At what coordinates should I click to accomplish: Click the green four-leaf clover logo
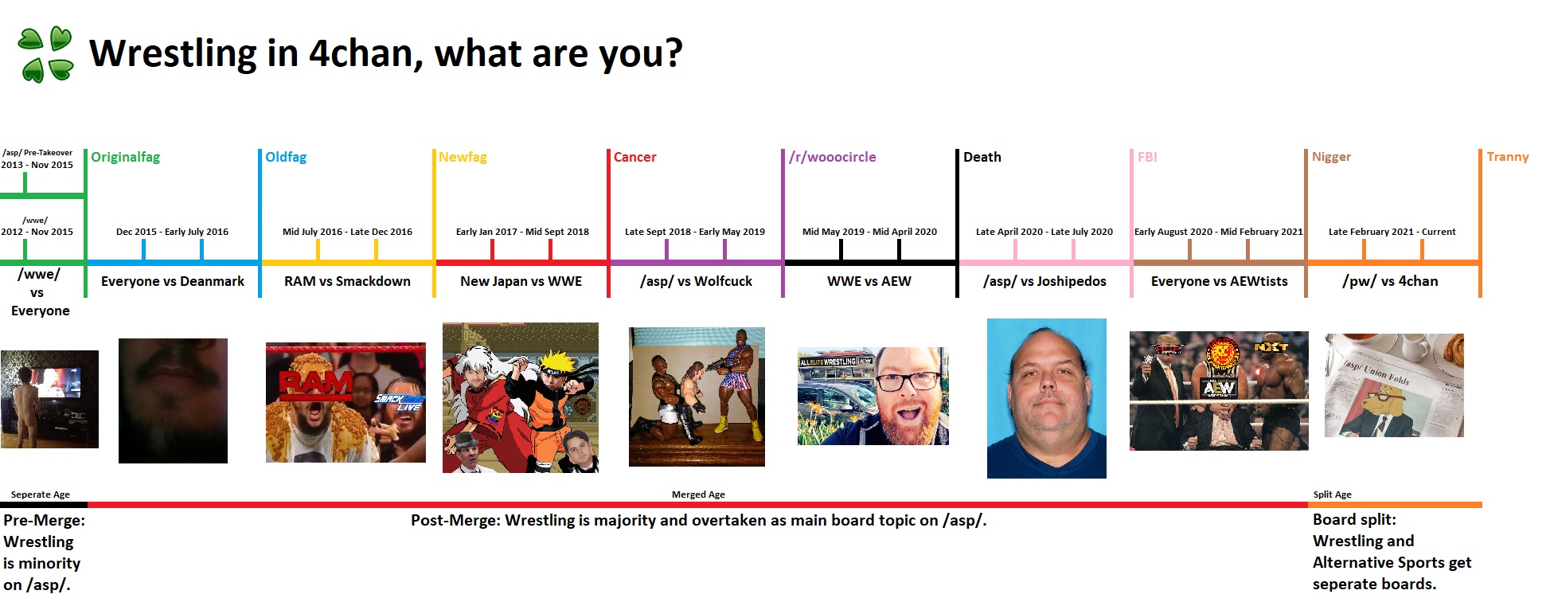coord(45,54)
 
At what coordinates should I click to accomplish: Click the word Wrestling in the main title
coord(173,53)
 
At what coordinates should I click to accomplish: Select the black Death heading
coord(982,157)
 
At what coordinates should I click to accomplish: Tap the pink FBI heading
coord(1147,157)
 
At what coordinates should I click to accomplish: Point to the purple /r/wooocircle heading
coord(832,157)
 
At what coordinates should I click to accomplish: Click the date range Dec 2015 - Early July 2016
coord(172,232)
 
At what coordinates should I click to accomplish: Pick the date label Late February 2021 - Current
coord(1392,232)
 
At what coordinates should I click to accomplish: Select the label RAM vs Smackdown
coord(347,281)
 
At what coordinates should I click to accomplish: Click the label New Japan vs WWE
coord(521,281)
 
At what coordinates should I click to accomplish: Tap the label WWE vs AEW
coord(869,281)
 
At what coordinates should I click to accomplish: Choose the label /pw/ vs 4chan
coord(1390,281)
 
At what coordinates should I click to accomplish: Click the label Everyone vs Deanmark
coord(173,281)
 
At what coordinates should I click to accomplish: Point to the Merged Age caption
coord(698,494)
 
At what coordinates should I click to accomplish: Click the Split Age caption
coord(1332,494)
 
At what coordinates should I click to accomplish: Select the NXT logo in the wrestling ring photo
coord(1271,346)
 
